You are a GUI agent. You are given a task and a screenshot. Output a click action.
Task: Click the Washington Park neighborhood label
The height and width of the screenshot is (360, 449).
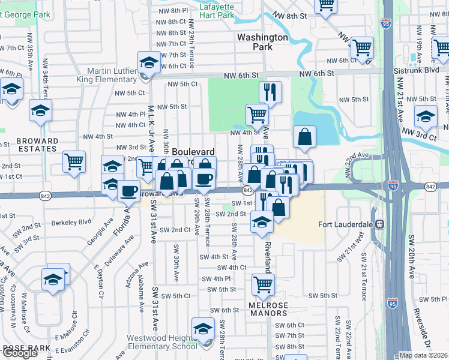point(262,41)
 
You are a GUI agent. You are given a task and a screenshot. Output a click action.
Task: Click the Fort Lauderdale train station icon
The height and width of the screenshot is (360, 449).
point(379,224)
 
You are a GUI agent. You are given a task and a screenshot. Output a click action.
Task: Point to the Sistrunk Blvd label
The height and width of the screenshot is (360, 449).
point(424,70)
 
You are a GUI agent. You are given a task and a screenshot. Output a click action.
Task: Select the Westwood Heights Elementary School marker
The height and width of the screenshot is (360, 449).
point(203,329)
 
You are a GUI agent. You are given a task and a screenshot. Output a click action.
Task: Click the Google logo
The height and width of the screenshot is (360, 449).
point(20,353)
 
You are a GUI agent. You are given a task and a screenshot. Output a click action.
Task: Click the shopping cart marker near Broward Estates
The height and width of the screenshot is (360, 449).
point(74,161)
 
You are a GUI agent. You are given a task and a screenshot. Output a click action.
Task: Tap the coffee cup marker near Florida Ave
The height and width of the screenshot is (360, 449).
point(128,191)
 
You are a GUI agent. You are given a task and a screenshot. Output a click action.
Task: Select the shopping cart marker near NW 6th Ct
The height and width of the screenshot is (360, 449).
point(362,47)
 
